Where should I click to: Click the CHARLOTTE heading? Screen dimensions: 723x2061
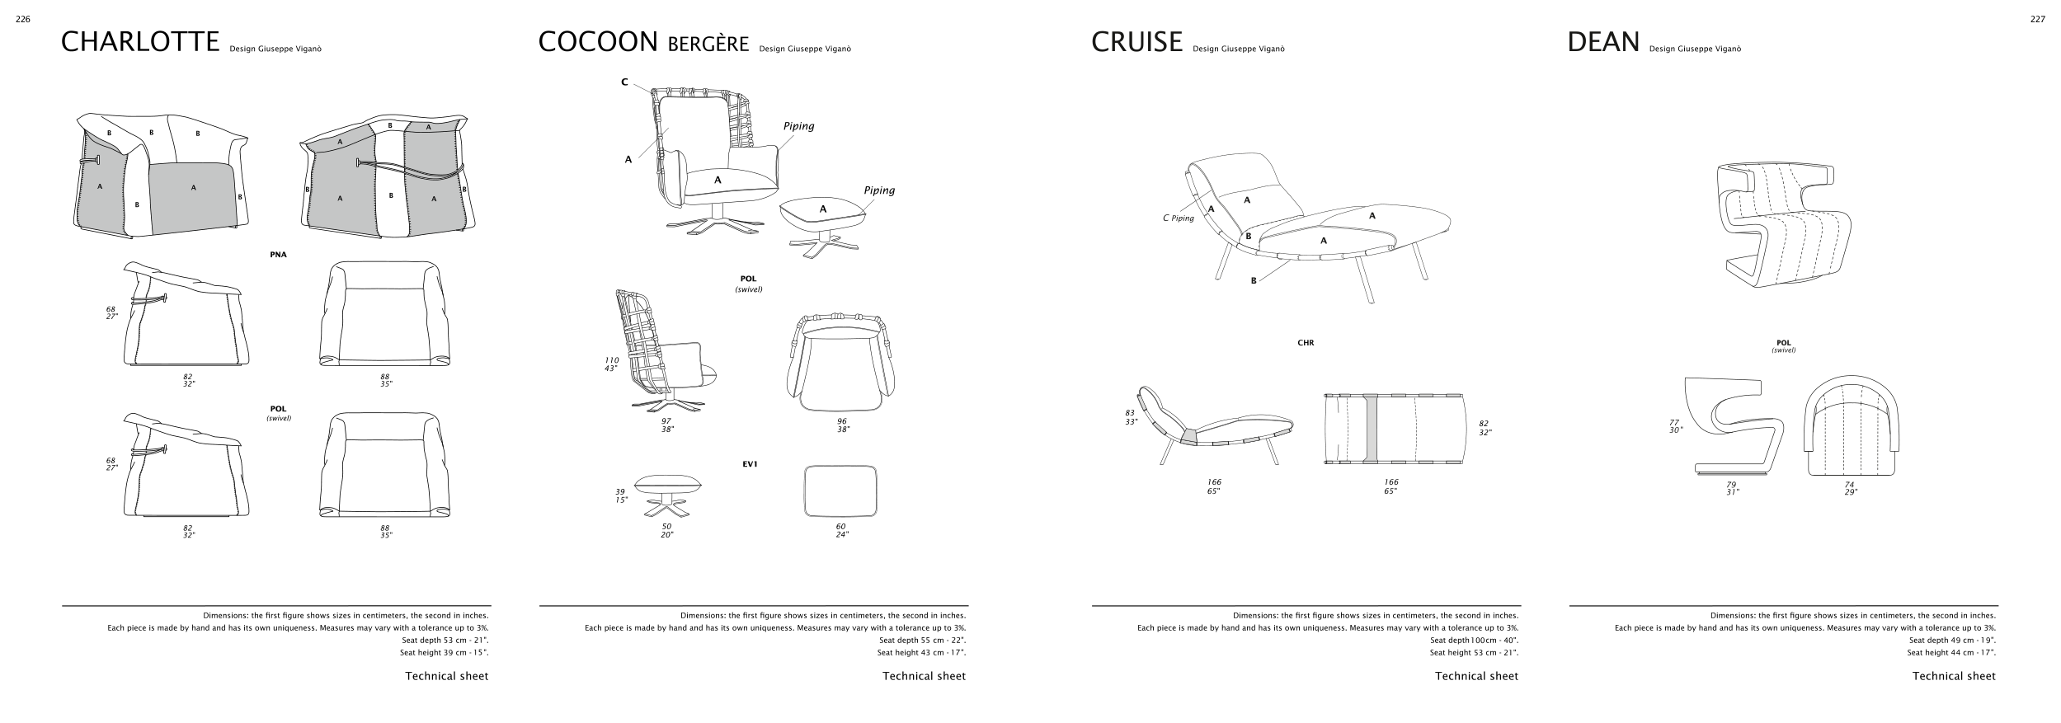click(x=140, y=42)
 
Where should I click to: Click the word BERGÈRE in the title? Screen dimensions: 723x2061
click(x=708, y=44)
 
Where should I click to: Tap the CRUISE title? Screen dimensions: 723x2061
click(x=1136, y=42)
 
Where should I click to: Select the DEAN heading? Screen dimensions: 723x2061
click(x=1603, y=42)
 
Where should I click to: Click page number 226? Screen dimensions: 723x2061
click(x=23, y=20)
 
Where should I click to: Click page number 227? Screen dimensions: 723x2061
click(x=2037, y=20)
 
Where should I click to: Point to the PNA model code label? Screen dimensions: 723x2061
click(x=278, y=255)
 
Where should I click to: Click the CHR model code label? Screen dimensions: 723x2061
click(x=1306, y=343)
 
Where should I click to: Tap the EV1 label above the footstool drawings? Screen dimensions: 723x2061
click(x=750, y=464)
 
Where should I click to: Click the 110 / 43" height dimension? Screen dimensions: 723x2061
click(x=612, y=364)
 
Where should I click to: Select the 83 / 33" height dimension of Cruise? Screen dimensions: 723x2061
click(x=1130, y=417)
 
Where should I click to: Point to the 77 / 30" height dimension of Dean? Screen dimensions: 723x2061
click(x=1674, y=426)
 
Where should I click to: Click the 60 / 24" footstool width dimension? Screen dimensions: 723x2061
click(x=840, y=530)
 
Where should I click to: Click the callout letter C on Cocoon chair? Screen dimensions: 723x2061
click(x=624, y=82)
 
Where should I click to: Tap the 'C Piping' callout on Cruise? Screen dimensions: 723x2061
click(x=1178, y=218)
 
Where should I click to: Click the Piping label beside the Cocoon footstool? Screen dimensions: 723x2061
click(x=879, y=190)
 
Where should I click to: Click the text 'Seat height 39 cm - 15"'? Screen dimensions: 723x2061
click(x=444, y=653)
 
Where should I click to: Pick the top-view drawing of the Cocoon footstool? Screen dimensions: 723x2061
click(x=840, y=491)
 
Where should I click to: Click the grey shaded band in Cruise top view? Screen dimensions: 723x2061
click(x=1371, y=428)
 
